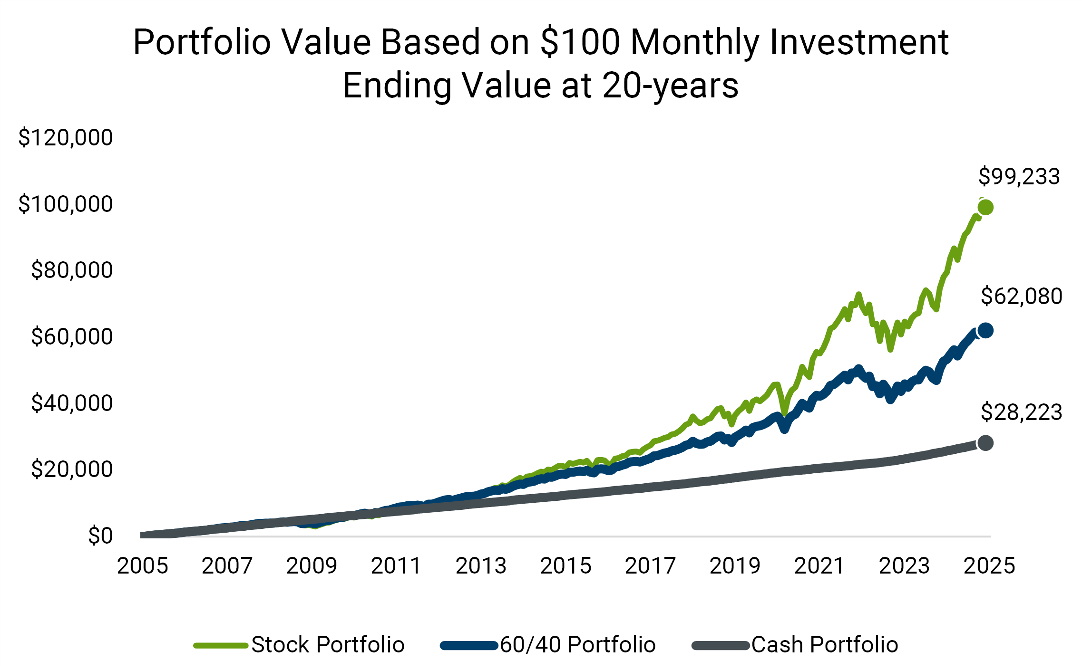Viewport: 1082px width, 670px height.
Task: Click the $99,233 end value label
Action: tap(1019, 177)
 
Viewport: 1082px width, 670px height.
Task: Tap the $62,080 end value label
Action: tap(1021, 297)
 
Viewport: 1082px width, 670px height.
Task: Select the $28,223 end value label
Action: tap(1021, 412)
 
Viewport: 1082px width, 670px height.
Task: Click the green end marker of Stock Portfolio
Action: tap(985, 207)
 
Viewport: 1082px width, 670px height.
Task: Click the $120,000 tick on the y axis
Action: tap(65, 138)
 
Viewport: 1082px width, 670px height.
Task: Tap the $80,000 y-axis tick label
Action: tap(71, 270)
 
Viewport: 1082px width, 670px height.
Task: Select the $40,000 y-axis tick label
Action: tap(71, 403)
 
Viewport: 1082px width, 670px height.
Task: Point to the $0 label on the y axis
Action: tap(100, 536)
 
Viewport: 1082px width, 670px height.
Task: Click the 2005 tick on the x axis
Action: tap(142, 566)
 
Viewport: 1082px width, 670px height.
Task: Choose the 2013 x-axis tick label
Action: tap(481, 566)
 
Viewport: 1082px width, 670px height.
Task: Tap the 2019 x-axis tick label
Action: tap(735, 566)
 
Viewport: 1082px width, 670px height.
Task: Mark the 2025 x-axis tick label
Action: tap(989, 566)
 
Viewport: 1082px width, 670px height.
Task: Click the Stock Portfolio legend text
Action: tap(328, 645)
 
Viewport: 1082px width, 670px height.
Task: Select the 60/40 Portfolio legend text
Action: tap(578, 645)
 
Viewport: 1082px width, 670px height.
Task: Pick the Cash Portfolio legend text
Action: tap(825, 645)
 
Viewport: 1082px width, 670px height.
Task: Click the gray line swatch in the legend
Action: tap(720, 645)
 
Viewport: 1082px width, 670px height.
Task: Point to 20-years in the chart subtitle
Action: tap(671, 86)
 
